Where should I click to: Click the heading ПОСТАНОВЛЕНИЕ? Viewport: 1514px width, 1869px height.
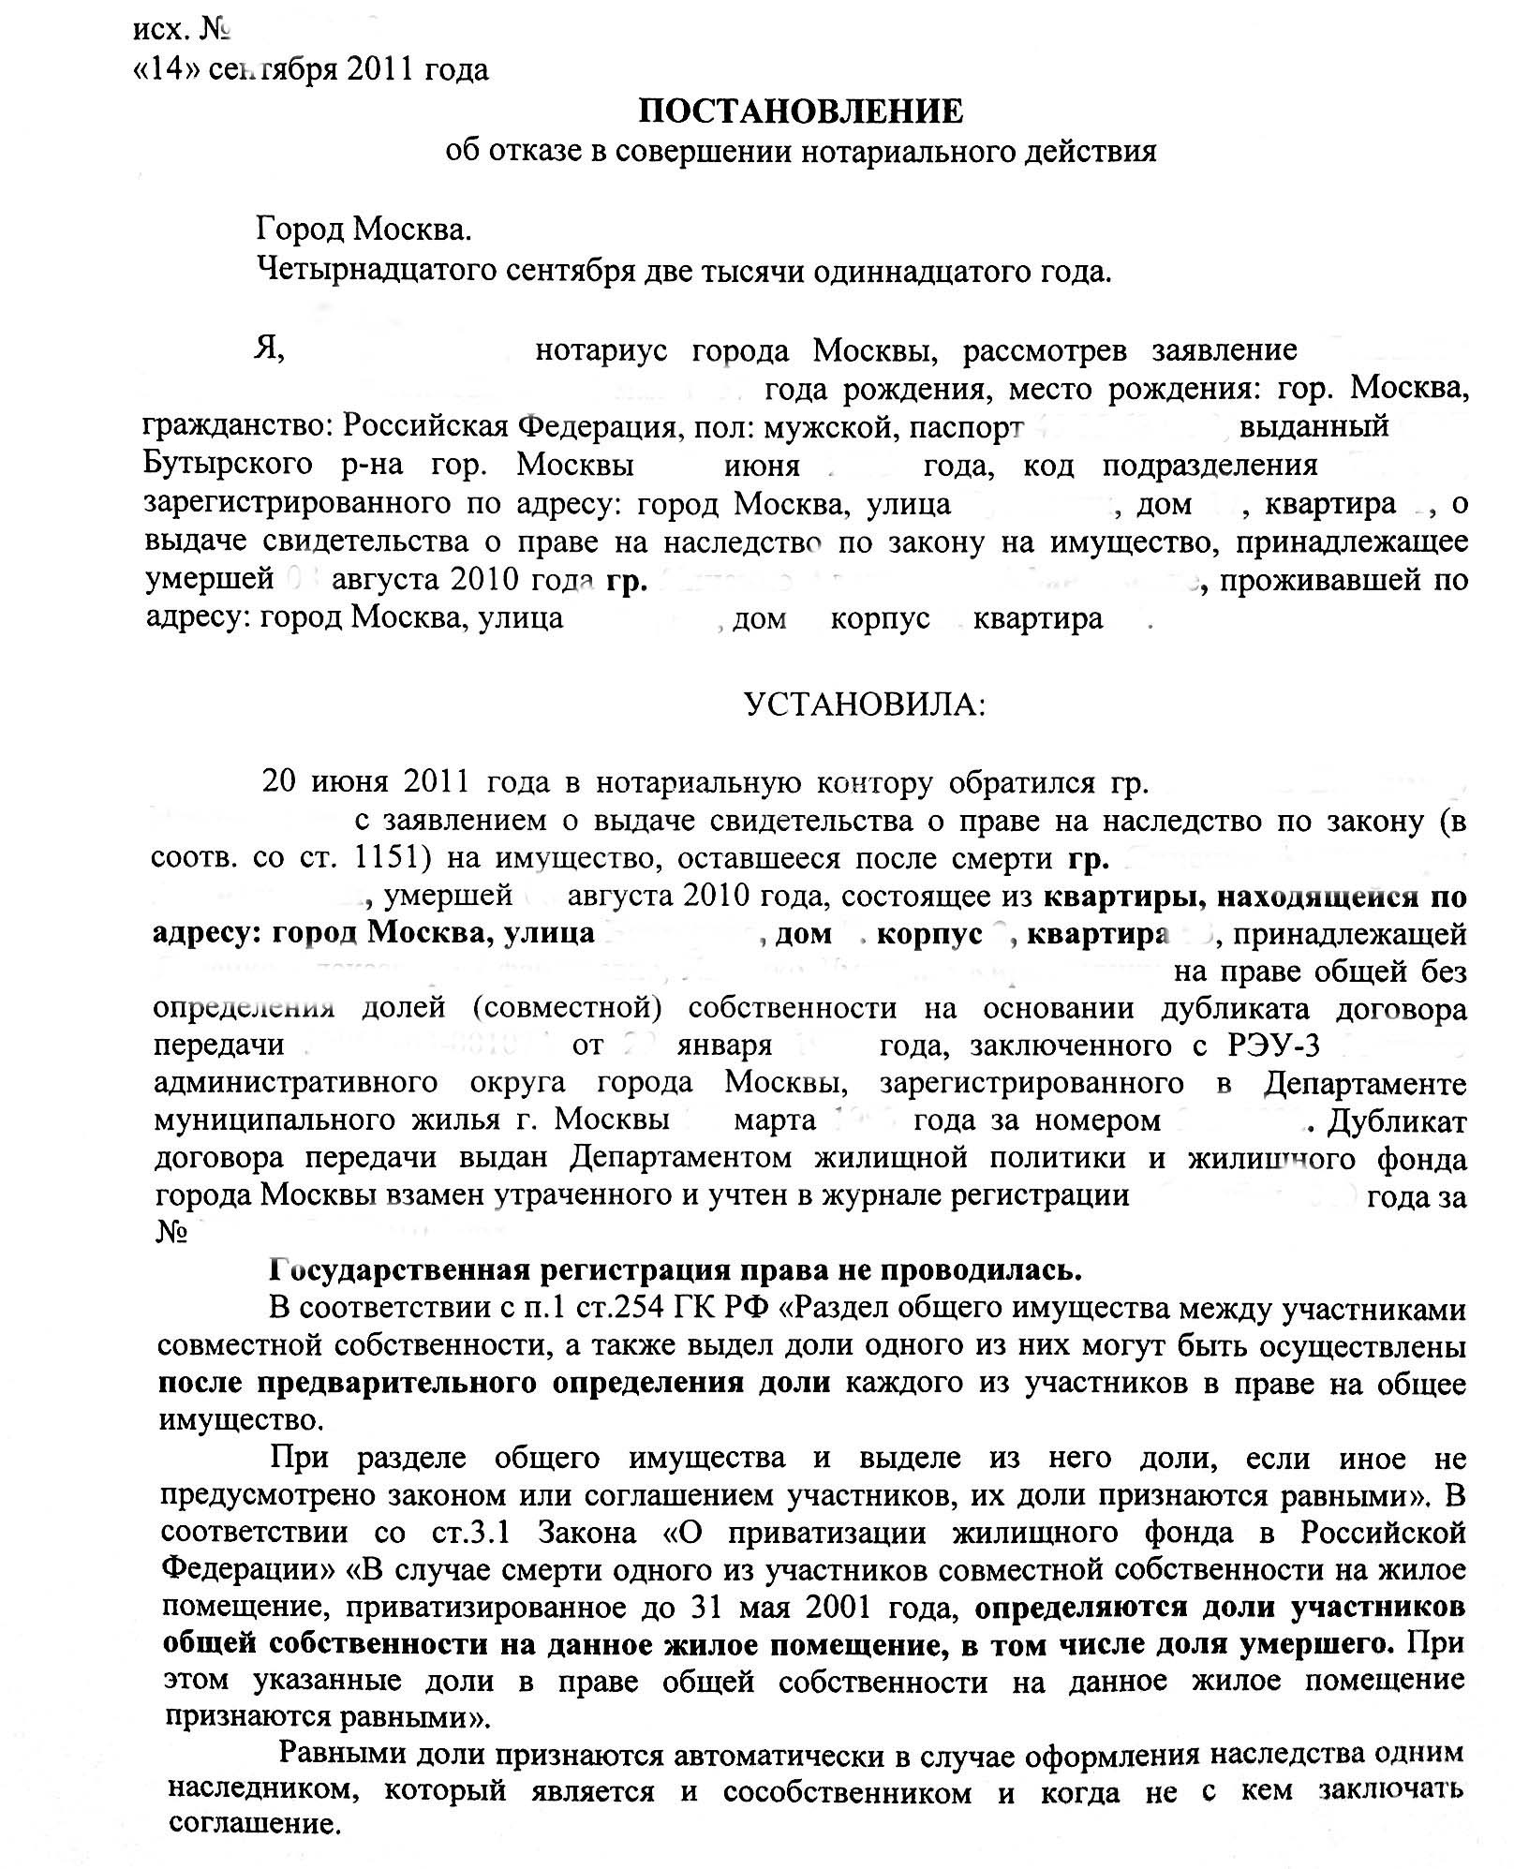click(x=801, y=111)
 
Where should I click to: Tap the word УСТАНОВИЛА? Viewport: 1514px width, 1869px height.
click(x=864, y=705)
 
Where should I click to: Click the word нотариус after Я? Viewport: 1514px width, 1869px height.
click(x=601, y=350)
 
